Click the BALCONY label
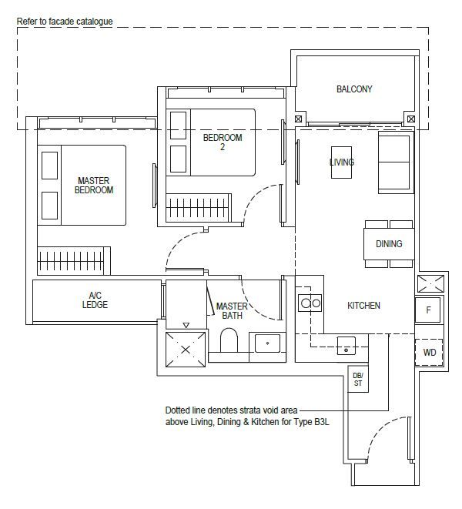pyautogui.click(x=354, y=89)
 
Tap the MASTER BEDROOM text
pyautogui.click(x=94, y=186)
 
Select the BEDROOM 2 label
pyautogui.click(x=223, y=142)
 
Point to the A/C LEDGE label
pyautogui.click(x=95, y=300)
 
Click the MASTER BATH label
pyautogui.click(x=232, y=310)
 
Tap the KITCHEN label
pyautogui.click(x=363, y=306)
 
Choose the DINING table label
pyautogui.click(x=389, y=244)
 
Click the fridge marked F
pyautogui.click(x=428, y=310)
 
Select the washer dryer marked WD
pyautogui.click(x=429, y=352)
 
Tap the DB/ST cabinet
pyautogui.click(x=358, y=379)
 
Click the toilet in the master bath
pyautogui.click(x=229, y=340)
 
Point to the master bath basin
pyautogui.click(x=267, y=343)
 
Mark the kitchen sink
pyautogui.click(x=346, y=346)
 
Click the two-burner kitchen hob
pyautogui.click(x=310, y=303)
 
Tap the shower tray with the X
pyautogui.click(x=186, y=350)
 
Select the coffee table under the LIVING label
pyautogui.click(x=341, y=162)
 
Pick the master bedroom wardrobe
pyautogui.click(x=74, y=261)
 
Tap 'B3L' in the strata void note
pyautogui.click(x=322, y=422)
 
